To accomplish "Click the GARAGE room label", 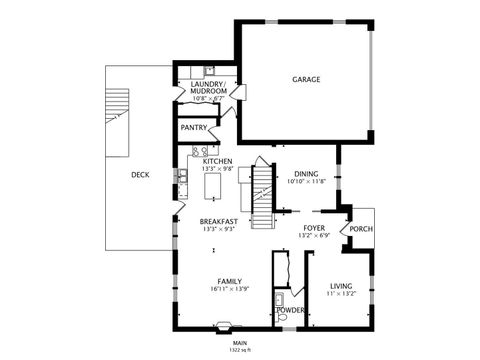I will coord(306,79).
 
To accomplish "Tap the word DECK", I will coord(140,175).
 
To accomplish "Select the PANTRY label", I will coord(194,128).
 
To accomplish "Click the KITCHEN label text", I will coord(217,161).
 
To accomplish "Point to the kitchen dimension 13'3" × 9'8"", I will coord(217,169).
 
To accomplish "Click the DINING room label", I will coord(306,173).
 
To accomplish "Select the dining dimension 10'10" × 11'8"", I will coord(306,181).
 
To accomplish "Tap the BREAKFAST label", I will coord(218,221).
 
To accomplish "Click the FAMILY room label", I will coord(229,281).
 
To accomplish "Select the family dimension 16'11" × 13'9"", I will coord(229,289).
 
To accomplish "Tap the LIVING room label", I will coord(341,287).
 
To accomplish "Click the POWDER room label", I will coord(289,310).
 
